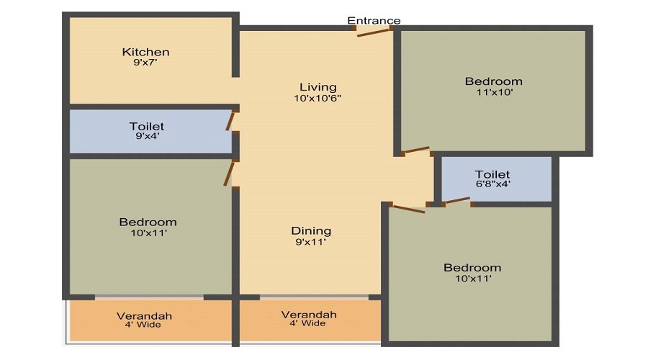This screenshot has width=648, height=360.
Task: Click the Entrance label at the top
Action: point(374,21)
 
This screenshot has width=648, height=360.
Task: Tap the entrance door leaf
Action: point(374,32)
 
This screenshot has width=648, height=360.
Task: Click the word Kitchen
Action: point(145,52)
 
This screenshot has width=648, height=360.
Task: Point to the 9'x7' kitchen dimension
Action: point(145,63)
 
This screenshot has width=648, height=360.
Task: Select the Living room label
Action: point(318,87)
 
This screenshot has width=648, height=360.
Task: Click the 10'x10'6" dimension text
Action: point(318,99)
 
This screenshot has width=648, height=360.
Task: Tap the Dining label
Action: point(311,231)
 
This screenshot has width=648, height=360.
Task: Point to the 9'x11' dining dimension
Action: point(311,242)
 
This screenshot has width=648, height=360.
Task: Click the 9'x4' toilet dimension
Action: point(147,136)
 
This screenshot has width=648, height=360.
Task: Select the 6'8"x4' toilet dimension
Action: point(492,184)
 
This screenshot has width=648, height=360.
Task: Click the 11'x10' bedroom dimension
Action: point(494,92)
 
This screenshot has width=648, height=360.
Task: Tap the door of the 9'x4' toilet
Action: point(230,121)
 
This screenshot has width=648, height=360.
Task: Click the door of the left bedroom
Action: point(229,174)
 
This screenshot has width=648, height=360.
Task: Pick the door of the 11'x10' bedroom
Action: point(417,150)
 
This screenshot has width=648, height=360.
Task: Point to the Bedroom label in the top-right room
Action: point(494,81)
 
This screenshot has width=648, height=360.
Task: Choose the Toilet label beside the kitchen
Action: point(147,126)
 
